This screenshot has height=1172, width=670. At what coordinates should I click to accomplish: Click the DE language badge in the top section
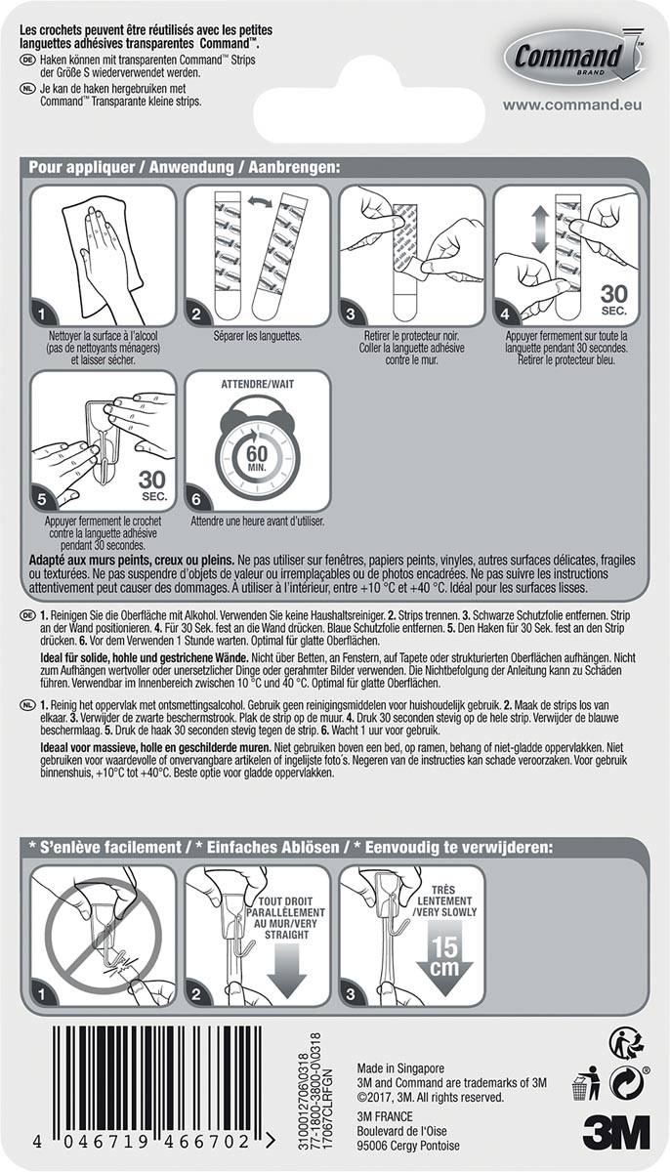click(x=27, y=61)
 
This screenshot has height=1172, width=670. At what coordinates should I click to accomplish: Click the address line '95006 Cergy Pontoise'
click(x=407, y=1146)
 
